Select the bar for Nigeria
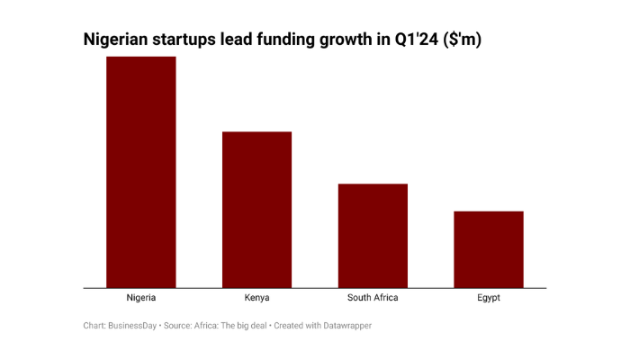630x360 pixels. click(141, 172)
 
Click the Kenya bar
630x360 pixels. click(256, 210)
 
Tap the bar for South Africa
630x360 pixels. click(373, 236)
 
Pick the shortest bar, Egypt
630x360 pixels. click(489, 249)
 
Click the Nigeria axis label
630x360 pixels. click(141, 298)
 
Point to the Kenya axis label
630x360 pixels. click(256, 298)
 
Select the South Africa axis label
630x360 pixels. click(373, 298)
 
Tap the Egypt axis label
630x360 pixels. click(489, 298)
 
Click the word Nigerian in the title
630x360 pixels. click(119, 40)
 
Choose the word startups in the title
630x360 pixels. click(193, 40)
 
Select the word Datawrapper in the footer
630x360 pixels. click(346, 326)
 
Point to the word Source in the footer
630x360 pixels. click(177, 326)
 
